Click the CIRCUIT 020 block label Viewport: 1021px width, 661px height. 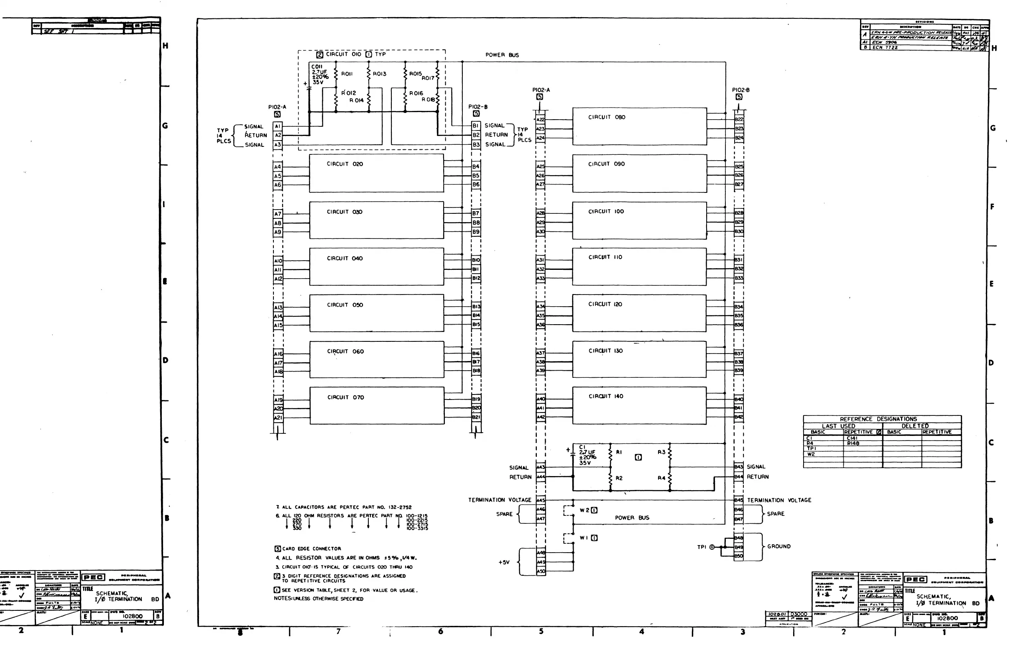pyautogui.click(x=345, y=164)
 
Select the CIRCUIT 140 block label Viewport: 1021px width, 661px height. pyautogui.click(x=606, y=397)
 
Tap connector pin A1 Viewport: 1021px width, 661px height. pyautogui.click(x=278, y=126)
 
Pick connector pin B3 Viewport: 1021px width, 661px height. pyautogui.click(x=476, y=145)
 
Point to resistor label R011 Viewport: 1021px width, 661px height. pyautogui.click(x=347, y=74)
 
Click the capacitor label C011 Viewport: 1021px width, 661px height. pyautogui.click(x=317, y=67)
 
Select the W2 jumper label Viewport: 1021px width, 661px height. pyautogui.click(x=585, y=510)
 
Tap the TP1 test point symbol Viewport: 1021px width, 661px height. pyautogui.click(x=712, y=547)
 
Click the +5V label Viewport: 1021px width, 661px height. pyautogui.click(x=504, y=562)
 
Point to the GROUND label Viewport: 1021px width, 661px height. pyautogui.click(x=779, y=546)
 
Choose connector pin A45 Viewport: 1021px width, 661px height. pyautogui.click(x=541, y=500)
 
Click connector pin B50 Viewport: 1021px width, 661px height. pyautogui.click(x=738, y=556)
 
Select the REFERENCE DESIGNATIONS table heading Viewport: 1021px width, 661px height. pyautogui.click(x=878, y=419)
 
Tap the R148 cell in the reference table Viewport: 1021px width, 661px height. pyautogui.click(x=853, y=443)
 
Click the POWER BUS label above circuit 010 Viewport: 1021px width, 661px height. pyautogui.click(x=502, y=55)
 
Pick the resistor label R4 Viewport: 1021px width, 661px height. pyautogui.click(x=661, y=478)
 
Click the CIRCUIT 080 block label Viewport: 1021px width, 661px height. pyautogui.click(x=606, y=117)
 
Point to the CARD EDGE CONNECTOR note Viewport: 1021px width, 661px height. pyautogui.click(x=311, y=548)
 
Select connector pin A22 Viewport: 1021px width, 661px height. pyautogui.click(x=541, y=120)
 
